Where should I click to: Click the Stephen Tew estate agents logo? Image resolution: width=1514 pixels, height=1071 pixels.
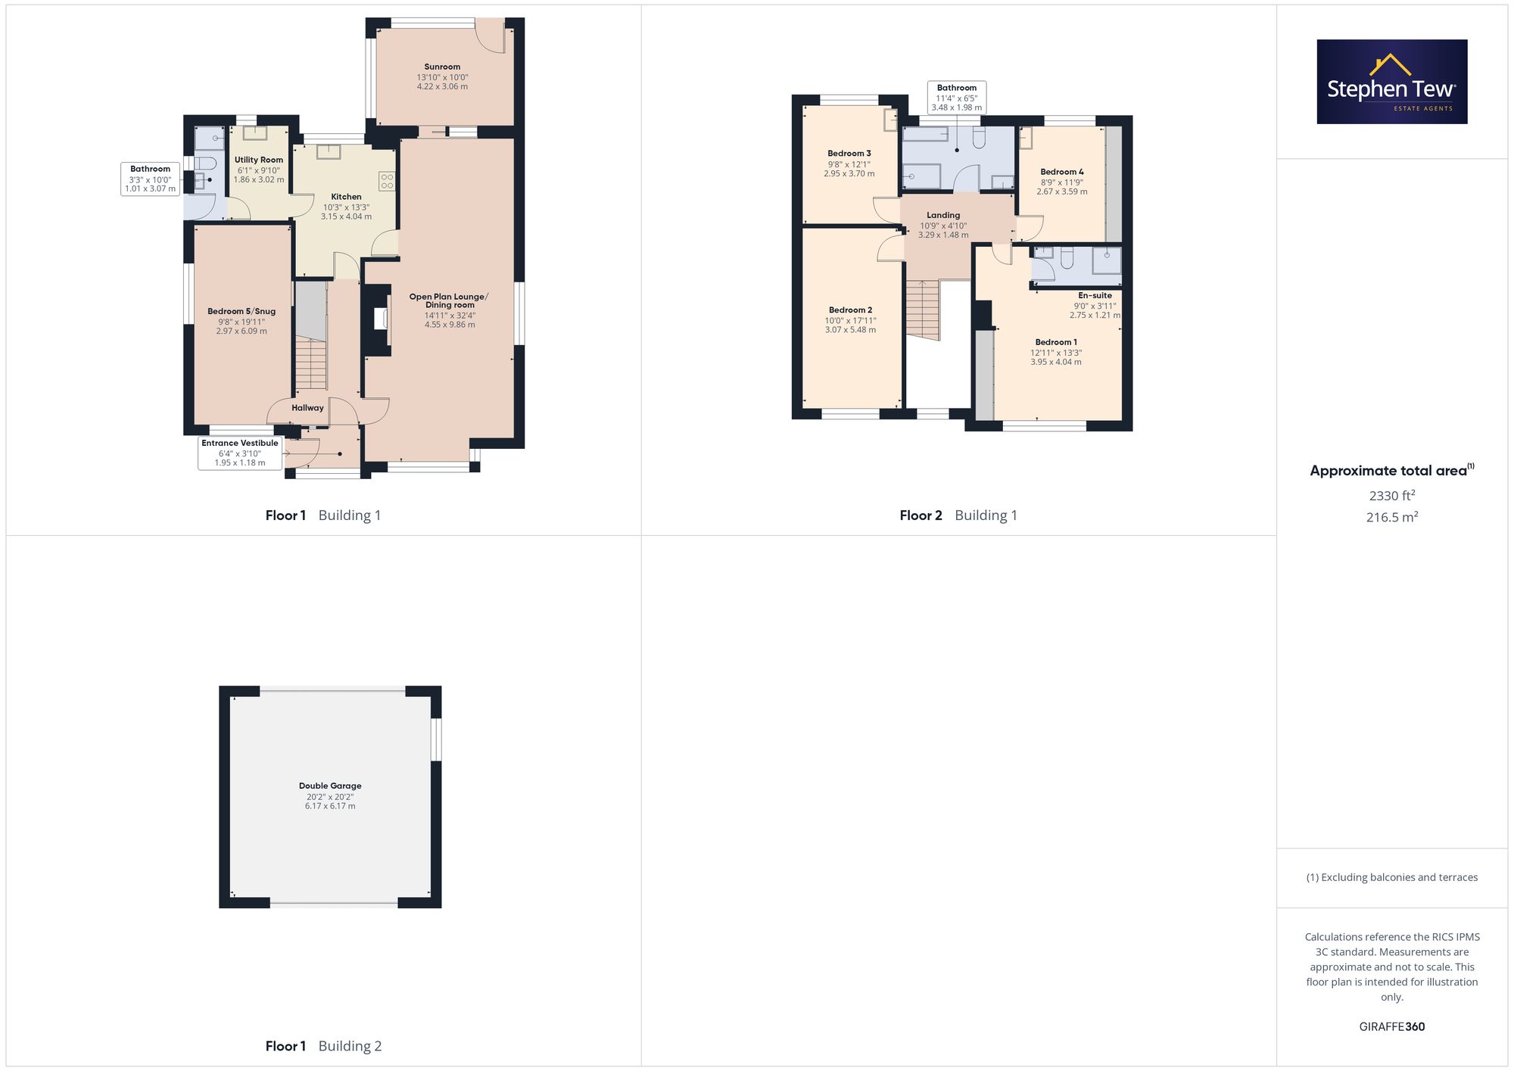1392,82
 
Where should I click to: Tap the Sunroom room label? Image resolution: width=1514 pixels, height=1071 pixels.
442,67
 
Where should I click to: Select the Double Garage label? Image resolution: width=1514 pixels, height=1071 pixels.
330,786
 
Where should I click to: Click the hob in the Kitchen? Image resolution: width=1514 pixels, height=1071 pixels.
387,181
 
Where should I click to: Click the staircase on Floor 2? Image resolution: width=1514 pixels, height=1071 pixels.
923,310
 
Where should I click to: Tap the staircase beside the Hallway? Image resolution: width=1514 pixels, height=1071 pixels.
310,364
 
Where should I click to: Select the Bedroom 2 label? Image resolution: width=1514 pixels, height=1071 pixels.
850,310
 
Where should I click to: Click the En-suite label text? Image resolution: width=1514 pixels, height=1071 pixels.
1095,295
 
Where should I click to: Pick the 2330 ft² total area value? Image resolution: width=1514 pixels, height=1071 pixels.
1392,496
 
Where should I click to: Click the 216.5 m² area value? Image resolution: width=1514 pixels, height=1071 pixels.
1392,517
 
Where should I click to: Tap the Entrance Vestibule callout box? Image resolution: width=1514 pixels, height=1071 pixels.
240,453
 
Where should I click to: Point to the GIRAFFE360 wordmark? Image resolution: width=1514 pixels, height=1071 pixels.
1392,1027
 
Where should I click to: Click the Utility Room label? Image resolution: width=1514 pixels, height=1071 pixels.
259,160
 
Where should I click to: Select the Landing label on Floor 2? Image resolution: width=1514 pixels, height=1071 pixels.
943,215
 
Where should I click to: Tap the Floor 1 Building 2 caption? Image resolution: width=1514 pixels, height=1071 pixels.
323,1046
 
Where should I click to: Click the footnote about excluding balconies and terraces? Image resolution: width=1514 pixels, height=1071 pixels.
1392,877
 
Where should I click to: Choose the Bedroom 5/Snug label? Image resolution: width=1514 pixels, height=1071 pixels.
241,311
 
